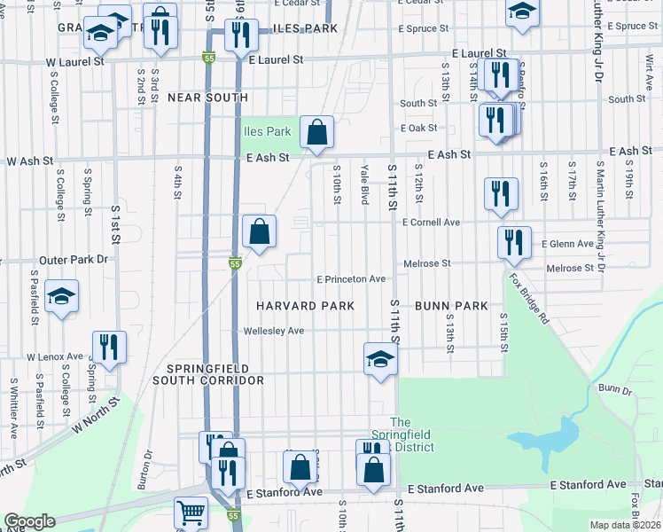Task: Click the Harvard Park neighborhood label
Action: coord(305,306)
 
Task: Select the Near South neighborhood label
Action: coord(207,98)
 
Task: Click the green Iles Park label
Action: coord(267,132)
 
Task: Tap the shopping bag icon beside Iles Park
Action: coord(316,132)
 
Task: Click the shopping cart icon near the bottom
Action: coord(190,512)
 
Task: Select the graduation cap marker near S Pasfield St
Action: coord(61,296)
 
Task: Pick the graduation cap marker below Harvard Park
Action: coord(380,359)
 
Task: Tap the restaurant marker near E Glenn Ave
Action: coord(514,242)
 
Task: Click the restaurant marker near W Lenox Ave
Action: coord(109,348)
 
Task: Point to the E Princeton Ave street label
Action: coord(350,279)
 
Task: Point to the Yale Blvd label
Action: coord(364,184)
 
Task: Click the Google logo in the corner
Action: coord(29,522)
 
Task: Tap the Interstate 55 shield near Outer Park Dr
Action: coord(234,264)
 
